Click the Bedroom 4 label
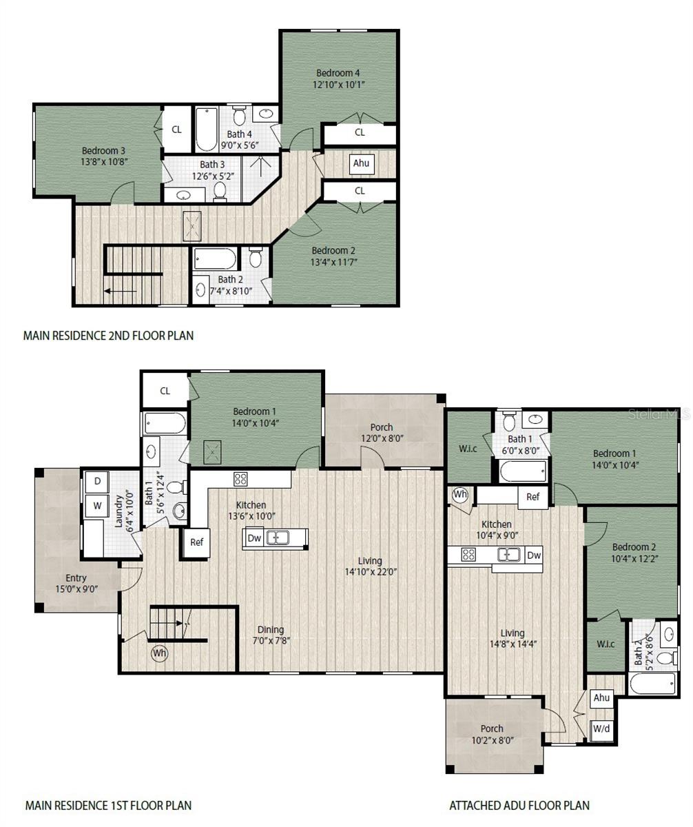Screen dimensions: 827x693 point(338,73)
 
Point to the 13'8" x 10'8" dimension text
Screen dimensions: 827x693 point(104,162)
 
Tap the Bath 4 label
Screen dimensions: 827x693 point(239,134)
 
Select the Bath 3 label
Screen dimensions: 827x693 point(212,165)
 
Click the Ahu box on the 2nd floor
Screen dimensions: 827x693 point(361,163)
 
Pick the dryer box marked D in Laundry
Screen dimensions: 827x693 point(98,481)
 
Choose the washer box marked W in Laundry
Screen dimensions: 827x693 point(98,506)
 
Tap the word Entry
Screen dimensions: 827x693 point(76,578)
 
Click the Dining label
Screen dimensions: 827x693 point(271,629)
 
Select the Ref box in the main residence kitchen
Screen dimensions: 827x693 point(197,542)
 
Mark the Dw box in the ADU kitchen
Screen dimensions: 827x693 point(533,555)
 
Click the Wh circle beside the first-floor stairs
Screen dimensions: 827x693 point(159,652)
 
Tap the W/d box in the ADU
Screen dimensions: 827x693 point(601,728)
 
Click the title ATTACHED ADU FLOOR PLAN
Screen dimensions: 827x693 point(519,805)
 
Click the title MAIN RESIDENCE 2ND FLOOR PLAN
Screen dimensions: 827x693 point(108,336)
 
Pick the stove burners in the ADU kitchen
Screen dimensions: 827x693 point(468,554)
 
